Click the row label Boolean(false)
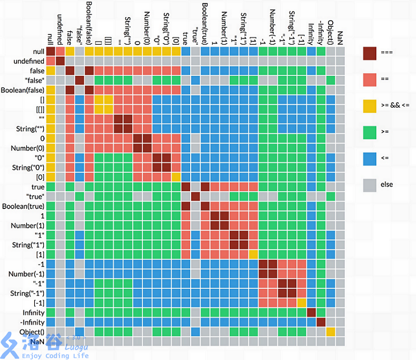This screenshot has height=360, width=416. [25, 90]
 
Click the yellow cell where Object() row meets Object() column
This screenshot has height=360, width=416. [330, 331]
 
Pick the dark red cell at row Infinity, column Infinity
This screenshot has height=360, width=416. [311, 312]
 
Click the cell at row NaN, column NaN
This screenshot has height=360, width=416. [340, 341]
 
